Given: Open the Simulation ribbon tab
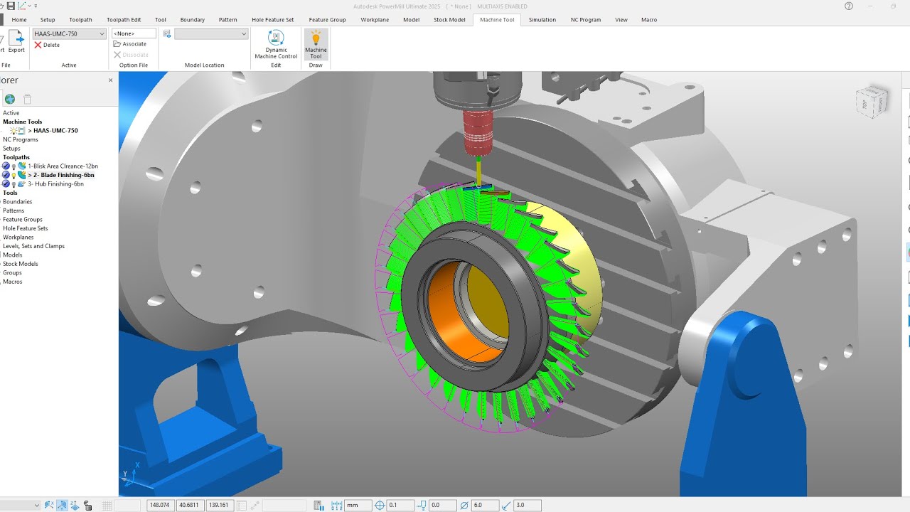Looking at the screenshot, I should [542, 20].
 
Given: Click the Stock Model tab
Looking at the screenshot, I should [449, 20].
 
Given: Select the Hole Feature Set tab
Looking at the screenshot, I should [272, 20].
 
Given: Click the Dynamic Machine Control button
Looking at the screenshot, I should [276, 44].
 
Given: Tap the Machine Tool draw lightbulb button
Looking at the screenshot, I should [316, 43].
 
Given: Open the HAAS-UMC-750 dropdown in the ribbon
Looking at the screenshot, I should [69, 33].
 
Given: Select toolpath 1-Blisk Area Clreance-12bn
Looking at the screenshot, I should [63, 166].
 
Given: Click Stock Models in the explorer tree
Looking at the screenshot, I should [20, 264].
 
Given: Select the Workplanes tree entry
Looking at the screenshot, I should [18, 237].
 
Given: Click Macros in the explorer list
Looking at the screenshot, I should [12, 282].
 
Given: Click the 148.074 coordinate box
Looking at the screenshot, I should [159, 505].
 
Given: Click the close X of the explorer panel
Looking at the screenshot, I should [110, 80].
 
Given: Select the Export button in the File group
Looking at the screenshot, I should [16, 42].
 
